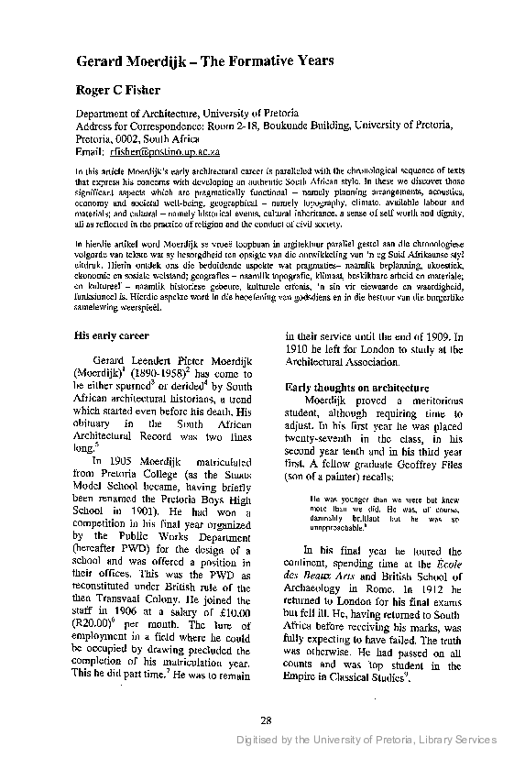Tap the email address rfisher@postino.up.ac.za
click(171, 150)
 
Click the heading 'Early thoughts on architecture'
click(352, 361)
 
